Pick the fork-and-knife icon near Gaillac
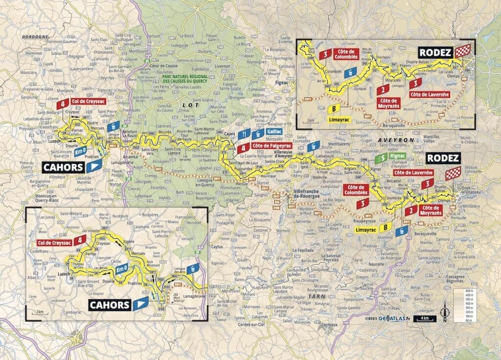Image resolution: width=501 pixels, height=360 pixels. point(246,133)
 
